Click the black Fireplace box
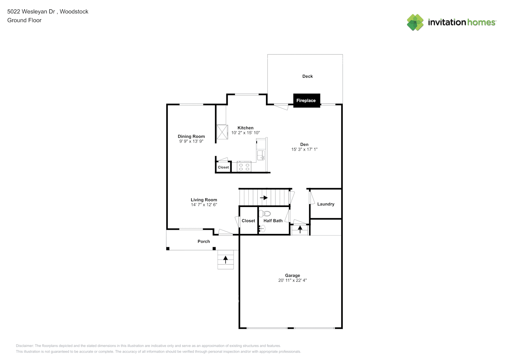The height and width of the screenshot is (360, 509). coord(306,100)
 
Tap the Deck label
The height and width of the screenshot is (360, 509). coord(307,76)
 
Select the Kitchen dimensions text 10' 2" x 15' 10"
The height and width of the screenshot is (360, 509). coord(246,133)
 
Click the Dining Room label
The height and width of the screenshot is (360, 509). coord(191,136)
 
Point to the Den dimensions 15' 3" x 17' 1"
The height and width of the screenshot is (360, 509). coord(304,149)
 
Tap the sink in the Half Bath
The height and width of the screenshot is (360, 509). coord(262,228)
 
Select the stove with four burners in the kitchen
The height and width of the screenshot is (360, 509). coord(244,167)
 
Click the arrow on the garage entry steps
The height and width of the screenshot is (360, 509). coord(300,229)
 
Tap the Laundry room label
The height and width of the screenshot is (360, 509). coord(326,204)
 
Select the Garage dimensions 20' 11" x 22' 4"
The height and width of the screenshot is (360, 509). coord(292,280)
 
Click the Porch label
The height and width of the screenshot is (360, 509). coord(204,242)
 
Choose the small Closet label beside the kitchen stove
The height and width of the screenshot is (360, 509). coord(223,167)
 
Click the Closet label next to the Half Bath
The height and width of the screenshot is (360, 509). coord(248,221)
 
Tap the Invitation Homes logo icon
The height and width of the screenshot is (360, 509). coord(415,22)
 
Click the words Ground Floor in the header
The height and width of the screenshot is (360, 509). coord(24,21)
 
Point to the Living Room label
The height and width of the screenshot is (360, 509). coord(204,200)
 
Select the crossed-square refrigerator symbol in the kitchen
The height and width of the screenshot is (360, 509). coord(222,132)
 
